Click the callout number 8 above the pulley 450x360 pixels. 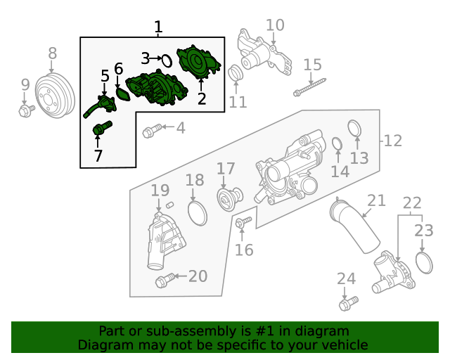click(52, 53)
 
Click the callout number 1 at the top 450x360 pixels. click(158, 27)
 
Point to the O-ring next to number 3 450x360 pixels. click(167, 60)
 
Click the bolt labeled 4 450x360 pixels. click(150, 131)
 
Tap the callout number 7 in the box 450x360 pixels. click(98, 155)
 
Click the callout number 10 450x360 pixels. click(275, 25)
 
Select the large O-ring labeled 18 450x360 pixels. click(198, 212)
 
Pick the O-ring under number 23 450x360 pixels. click(424, 263)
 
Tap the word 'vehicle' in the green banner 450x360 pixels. click(342, 345)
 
